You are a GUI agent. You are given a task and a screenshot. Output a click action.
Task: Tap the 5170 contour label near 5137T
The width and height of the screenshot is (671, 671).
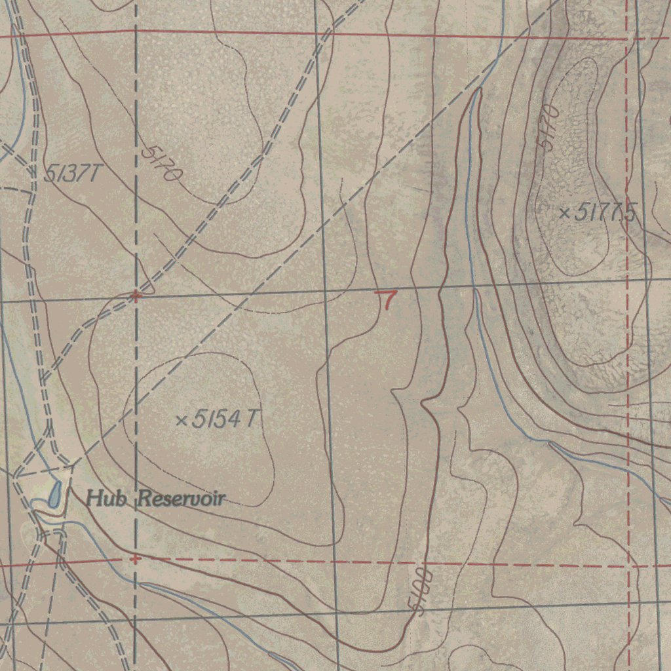pos(161,163)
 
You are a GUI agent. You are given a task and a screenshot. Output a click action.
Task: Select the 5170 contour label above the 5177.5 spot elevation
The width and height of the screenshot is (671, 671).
pos(548,127)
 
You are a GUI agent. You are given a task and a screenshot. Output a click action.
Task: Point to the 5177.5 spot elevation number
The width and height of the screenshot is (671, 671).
pos(607,212)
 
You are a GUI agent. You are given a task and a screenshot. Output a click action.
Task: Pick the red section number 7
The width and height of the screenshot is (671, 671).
pos(389,300)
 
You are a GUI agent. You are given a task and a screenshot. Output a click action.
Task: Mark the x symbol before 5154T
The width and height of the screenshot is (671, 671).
pos(182,419)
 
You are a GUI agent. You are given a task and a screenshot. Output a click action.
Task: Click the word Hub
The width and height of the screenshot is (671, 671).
pos(107,498)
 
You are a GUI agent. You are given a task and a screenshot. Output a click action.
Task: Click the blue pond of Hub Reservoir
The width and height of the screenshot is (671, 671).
pos(54,494)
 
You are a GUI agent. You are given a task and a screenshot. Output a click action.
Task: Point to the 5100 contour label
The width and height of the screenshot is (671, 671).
pos(423,592)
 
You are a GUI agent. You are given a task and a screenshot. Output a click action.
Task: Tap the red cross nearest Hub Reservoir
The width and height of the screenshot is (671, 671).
pos(135,559)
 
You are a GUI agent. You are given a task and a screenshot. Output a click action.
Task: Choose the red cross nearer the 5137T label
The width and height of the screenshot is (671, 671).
pos(136,296)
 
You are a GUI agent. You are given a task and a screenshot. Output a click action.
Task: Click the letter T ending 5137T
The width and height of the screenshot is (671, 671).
pos(96,174)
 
